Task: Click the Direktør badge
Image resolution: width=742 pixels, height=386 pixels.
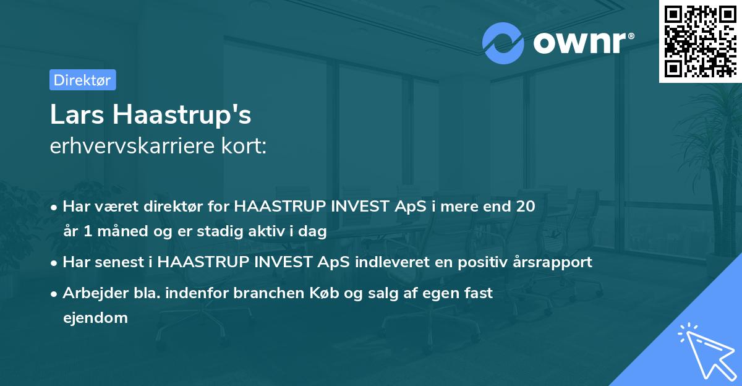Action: (82, 80)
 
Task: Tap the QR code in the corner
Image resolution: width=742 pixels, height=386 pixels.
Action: (700, 41)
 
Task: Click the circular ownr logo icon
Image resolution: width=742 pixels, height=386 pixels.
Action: (503, 43)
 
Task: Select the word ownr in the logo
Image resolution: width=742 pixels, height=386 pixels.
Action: (582, 43)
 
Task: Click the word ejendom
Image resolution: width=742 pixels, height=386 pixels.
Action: (95, 318)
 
